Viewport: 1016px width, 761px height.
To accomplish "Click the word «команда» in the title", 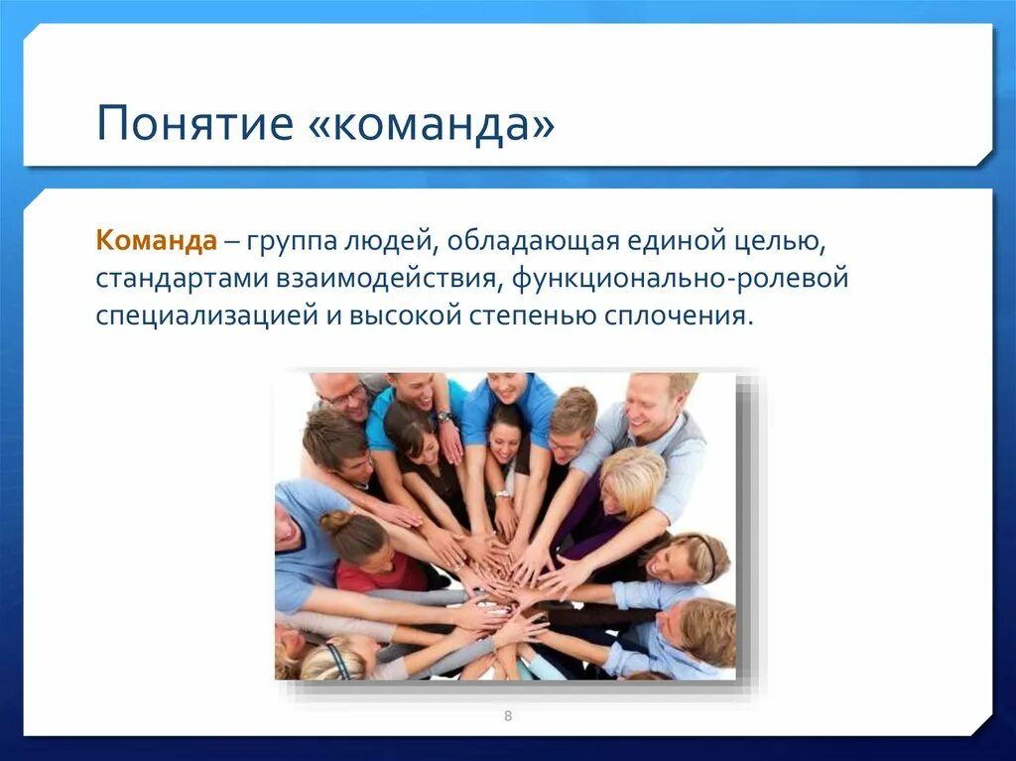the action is point(433,121).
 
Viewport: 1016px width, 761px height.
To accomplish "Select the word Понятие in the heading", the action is point(195,121).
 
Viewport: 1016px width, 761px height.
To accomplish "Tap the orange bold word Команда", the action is point(156,240).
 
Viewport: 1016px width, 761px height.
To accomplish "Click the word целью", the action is point(780,242).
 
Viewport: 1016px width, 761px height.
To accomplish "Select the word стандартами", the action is point(182,280).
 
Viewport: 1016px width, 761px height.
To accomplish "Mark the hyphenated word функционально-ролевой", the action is point(680,279).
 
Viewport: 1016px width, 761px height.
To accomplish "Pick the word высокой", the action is point(406,317).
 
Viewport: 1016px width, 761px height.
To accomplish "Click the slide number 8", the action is point(507,715).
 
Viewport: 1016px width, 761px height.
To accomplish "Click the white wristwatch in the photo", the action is point(503,494).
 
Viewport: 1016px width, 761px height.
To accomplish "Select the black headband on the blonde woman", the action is point(709,555).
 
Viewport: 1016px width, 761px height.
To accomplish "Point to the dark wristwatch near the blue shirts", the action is point(444,418).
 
